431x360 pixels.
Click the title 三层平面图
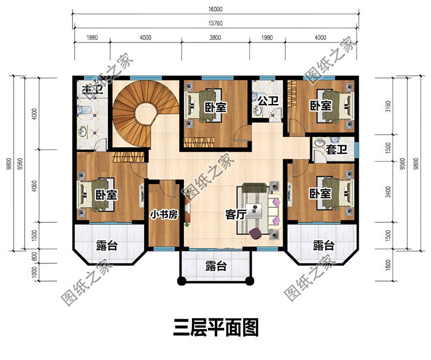pyautogui.click(x=215, y=328)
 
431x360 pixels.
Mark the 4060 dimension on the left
pyautogui.click(x=34, y=185)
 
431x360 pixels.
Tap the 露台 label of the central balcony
pyautogui.click(x=215, y=266)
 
